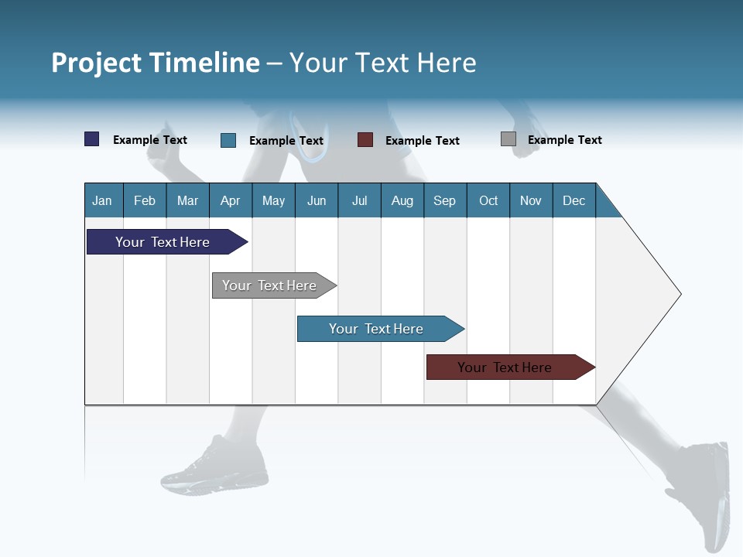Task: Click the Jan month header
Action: [103, 200]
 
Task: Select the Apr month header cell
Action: [231, 200]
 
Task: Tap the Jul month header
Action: [359, 200]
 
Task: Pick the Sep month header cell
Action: [445, 200]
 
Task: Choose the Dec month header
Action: [574, 200]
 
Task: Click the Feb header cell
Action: [145, 200]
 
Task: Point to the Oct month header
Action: [488, 200]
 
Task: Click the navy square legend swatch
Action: [92, 139]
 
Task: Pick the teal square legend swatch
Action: [228, 140]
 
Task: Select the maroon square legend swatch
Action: [365, 140]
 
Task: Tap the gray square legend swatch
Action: [508, 139]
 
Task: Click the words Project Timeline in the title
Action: [156, 63]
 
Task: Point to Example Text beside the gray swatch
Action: [564, 140]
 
